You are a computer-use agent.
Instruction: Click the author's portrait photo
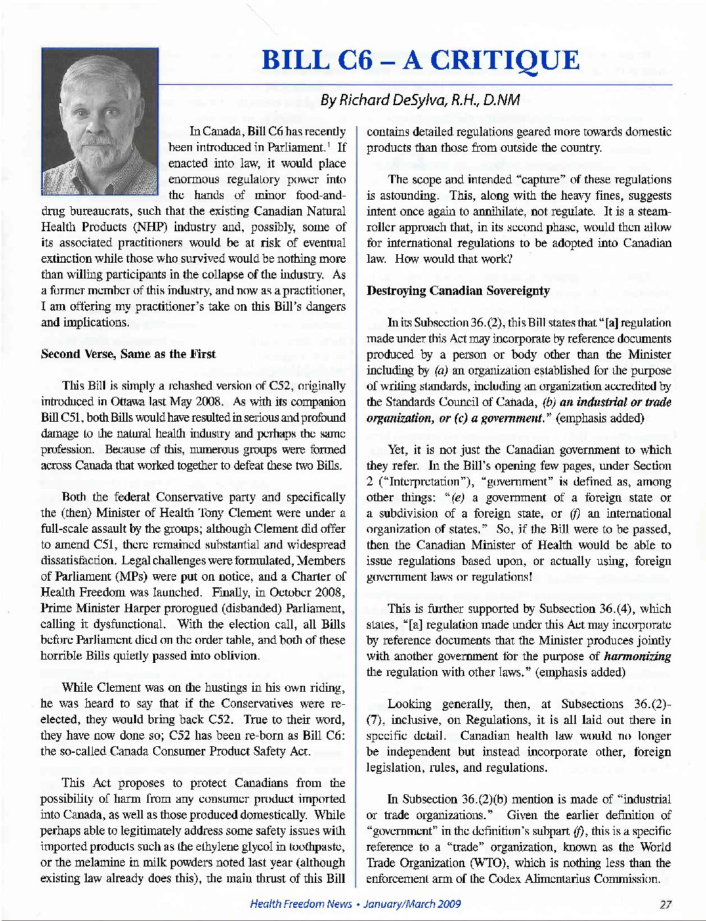(99, 121)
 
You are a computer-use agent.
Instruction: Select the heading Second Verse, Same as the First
(128, 354)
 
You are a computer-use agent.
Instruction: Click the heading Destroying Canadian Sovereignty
(458, 290)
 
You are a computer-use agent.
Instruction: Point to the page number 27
(665, 904)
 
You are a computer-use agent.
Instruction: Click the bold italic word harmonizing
(638, 656)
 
